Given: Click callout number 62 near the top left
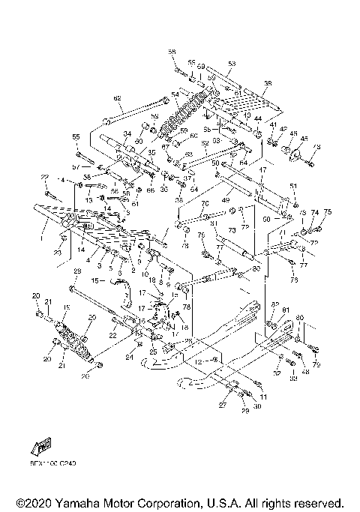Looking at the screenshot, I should tap(117, 98).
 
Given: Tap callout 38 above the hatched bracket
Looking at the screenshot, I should tap(268, 82).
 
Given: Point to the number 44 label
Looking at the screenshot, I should tap(257, 119).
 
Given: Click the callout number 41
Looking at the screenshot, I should tap(273, 124).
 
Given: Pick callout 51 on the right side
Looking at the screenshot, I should tap(293, 186).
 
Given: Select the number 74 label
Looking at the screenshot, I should tap(315, 212).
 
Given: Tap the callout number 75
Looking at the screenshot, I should tap(327, 212).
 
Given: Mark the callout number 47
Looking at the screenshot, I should tap(263, 171).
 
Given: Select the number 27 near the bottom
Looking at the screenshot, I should tap(223, 403).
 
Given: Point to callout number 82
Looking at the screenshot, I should tap(274, 305).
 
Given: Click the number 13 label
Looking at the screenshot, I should tap(88, 200).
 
